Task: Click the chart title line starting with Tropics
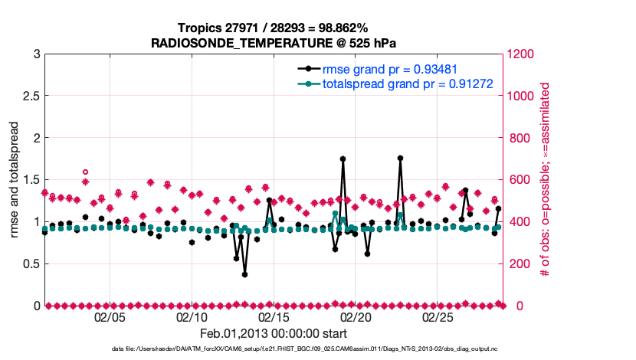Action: pos(274,28)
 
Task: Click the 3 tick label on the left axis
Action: pos(36,54)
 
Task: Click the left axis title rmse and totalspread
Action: pos(15,180)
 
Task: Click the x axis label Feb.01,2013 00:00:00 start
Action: pos(274,334)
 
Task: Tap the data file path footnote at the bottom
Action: pos(274,349)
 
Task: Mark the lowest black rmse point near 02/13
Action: pos(244,274)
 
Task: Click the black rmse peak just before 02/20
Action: pos(343,159)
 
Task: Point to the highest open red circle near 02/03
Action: pos(85,172)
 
